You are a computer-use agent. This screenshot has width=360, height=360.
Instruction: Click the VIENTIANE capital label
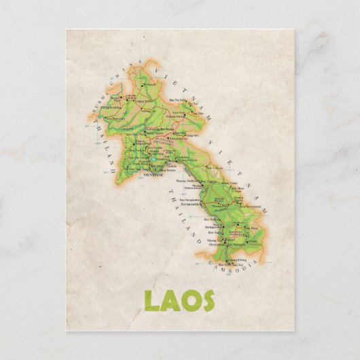(151, 175)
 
